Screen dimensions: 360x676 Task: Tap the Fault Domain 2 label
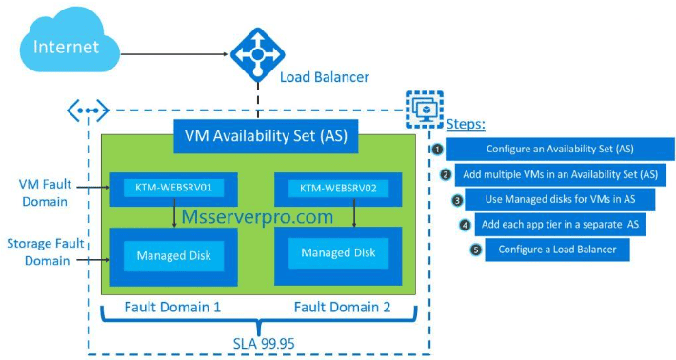[x=342, y=308]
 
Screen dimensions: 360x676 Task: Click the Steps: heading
[x=466, y=125]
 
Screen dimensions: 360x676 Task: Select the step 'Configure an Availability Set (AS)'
[x=560, y=150]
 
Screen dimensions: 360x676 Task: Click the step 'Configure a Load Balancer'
[x=557, y=250]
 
